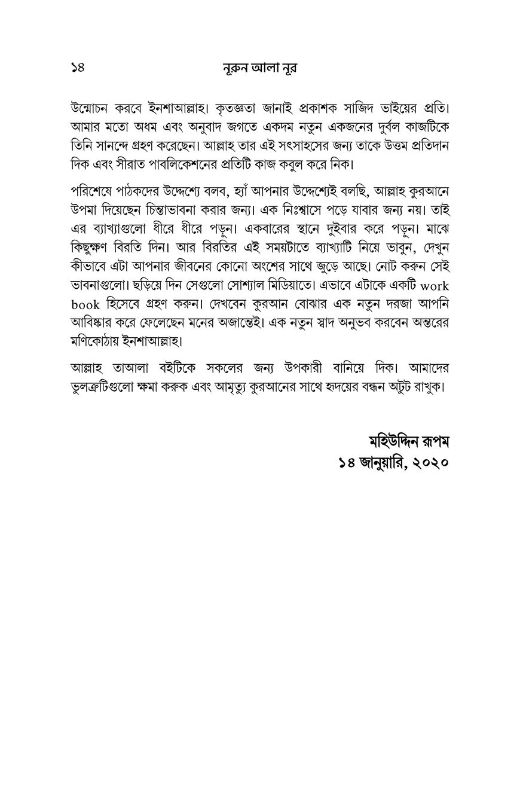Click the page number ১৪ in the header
point(77,68)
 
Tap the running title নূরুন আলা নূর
point(259,68)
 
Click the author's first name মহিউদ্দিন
point(394,442)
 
